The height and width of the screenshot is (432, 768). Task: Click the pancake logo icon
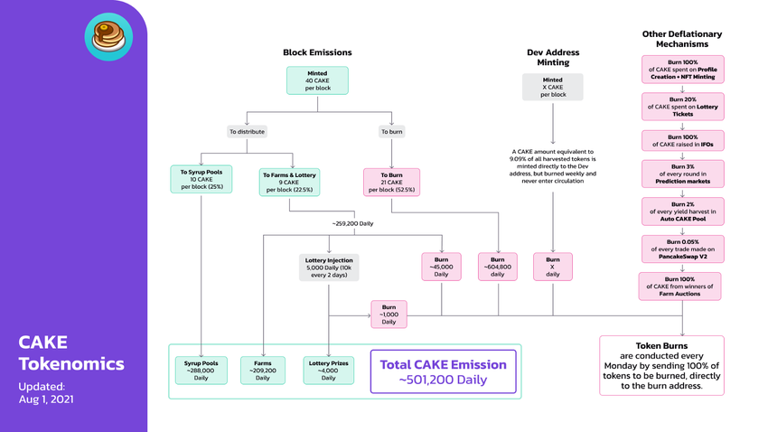(108, 37)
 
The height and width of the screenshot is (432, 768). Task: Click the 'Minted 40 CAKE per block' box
(317, 81)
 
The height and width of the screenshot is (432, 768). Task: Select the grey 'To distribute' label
(247, 131)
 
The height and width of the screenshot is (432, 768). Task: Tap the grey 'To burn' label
(391, 131)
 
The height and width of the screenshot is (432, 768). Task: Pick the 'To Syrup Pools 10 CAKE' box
(201, 179)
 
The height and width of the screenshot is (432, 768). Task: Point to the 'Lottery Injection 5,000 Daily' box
(328, 268)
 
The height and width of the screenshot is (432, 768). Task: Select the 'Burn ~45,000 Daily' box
(441, 268)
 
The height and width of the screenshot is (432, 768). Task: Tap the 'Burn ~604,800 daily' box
(498, 268)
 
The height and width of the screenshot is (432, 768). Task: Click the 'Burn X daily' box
(552, 268)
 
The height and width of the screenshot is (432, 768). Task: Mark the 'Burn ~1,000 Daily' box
(389, 315)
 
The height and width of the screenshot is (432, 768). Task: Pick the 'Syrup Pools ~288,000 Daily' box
(201, 371)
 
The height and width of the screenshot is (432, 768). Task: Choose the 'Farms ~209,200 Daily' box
(263, 371)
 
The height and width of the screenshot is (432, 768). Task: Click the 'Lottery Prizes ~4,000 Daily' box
(328, 371)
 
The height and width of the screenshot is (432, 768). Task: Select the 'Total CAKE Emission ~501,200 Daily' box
(443, 371)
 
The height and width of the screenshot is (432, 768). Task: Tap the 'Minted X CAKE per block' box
(552, 87)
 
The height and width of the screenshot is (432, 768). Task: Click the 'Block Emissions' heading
(317, 52)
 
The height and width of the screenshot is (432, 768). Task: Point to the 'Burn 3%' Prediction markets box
(682, 173)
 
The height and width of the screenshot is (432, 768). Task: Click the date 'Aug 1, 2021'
(46, 399)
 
